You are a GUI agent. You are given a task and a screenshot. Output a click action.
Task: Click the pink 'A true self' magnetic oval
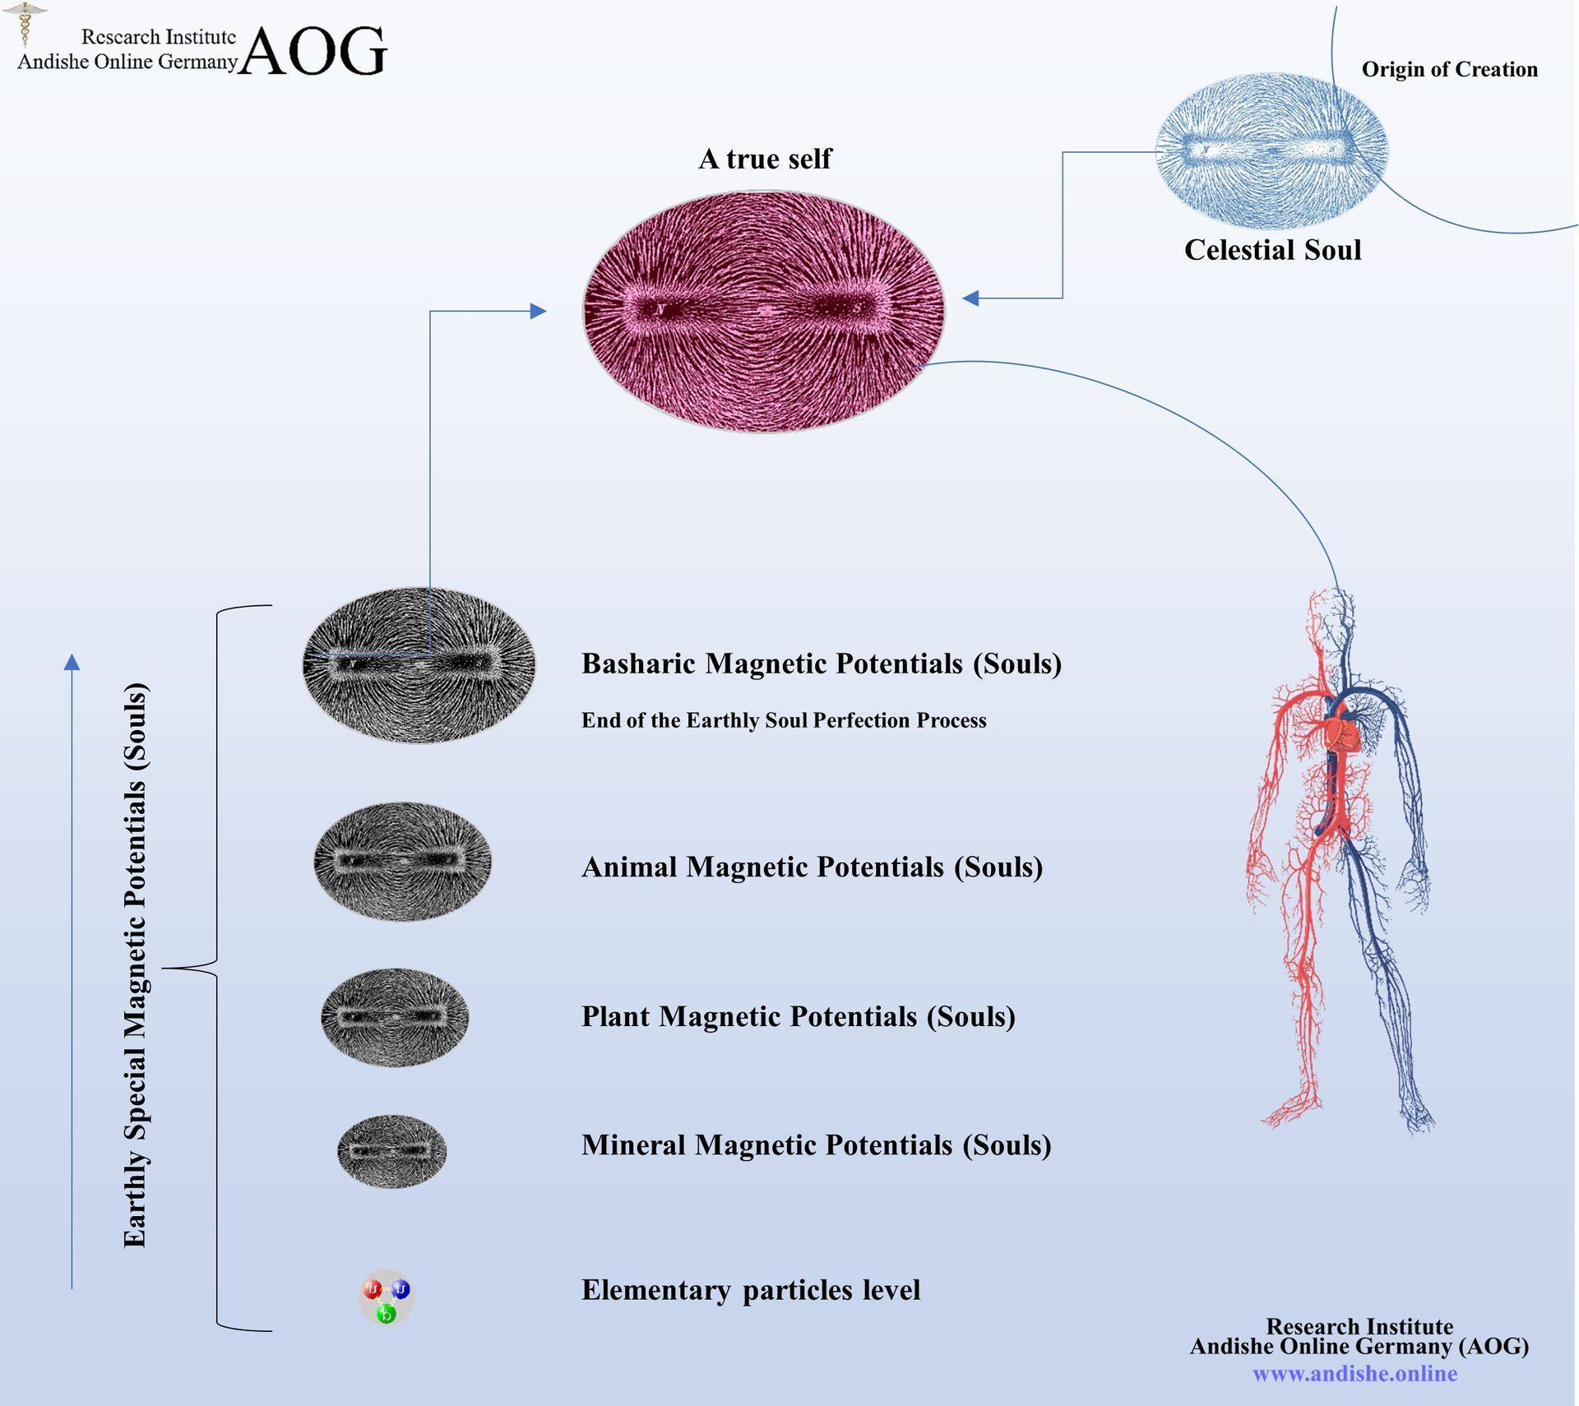tap(764, 312)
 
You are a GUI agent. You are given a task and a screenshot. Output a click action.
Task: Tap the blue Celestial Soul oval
tap(1271, 150)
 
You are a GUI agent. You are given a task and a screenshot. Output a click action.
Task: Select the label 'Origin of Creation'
tap(1449, 70)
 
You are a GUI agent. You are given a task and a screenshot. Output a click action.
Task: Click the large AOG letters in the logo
tap(313, 51)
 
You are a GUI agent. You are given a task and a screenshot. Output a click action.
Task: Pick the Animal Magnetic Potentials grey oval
tap(402, 861)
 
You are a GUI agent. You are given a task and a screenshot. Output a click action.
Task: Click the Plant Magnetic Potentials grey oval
tap(395, 1017)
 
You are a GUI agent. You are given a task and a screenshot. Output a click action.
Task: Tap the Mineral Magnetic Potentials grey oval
tap(392, 1150)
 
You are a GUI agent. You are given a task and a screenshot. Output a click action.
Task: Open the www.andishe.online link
tap(1354, 1373)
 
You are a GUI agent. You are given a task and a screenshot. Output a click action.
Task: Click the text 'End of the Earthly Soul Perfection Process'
tap(784, 720)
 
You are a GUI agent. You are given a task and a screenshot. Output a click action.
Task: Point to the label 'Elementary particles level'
tap(751, 1290)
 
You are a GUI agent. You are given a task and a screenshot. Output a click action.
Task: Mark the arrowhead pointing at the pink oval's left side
tap(539, 311)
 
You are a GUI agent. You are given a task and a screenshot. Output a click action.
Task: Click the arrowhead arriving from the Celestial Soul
tap(970, 298)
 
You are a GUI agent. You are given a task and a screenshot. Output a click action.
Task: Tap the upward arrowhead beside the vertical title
tap(72, 663)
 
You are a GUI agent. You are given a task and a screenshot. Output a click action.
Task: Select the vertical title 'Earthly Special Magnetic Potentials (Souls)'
tap(136, 965)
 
